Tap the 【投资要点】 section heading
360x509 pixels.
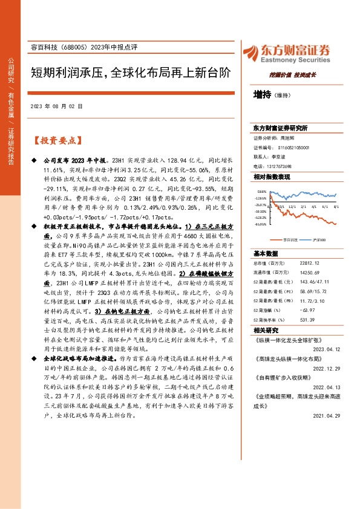56,140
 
